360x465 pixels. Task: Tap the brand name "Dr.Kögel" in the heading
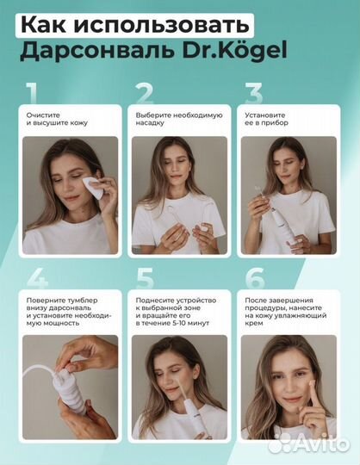tap(234, 51)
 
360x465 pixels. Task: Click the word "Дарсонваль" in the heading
tap(97, 52)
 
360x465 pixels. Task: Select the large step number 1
tap(31, 93)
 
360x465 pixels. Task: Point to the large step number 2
tap(145, 93)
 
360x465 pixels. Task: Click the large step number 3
tap(254, 93)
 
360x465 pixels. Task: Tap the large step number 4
tap(37, 278)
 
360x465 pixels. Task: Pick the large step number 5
tap(145, 278)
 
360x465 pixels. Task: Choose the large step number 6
tap(255, 278)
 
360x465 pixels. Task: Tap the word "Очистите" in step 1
tap(43, 115)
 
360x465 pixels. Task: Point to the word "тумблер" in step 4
tap(83, 301)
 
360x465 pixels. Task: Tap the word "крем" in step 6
tap(254, 324)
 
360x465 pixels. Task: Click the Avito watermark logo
tap(308, 444)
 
